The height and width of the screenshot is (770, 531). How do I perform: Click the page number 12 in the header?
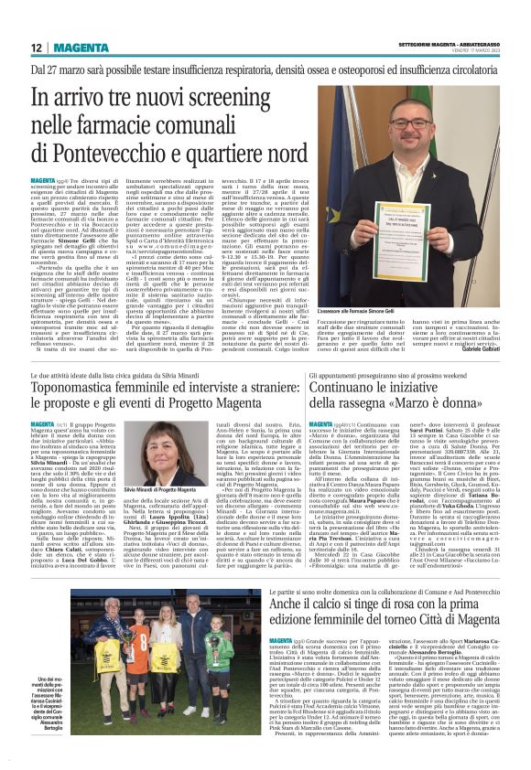coord(37,48)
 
